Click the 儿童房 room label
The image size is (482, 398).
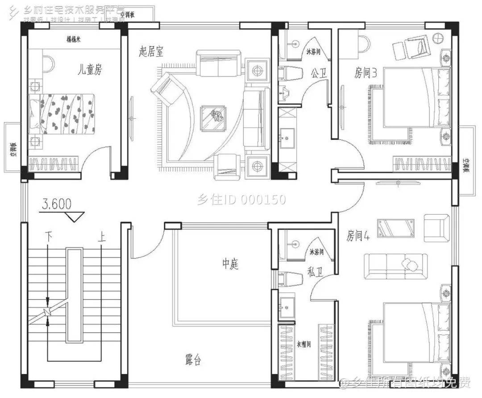click(x=90, y=70)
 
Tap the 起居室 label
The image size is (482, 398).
click(x=151, y=52)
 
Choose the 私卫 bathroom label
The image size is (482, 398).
click(x=314, y=272)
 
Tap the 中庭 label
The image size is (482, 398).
click(x=230, y=264)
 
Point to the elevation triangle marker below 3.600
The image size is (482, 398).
click(x=72, y=217)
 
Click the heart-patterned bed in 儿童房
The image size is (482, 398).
click(x=62, y=114)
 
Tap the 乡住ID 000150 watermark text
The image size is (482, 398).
click(x=241, y=200)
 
